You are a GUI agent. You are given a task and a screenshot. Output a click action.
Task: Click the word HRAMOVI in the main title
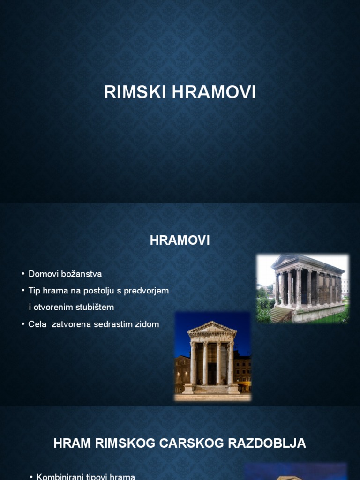point(214,92)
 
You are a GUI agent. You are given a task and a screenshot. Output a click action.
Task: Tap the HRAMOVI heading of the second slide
point(180,240)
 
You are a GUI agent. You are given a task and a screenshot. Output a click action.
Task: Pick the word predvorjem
point(146,291)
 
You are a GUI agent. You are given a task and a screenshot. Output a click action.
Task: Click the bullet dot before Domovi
point(23,274)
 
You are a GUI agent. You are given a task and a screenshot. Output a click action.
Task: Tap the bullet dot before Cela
point(23,324)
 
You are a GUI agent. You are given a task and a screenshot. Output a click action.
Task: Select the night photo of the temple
point(213,356)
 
